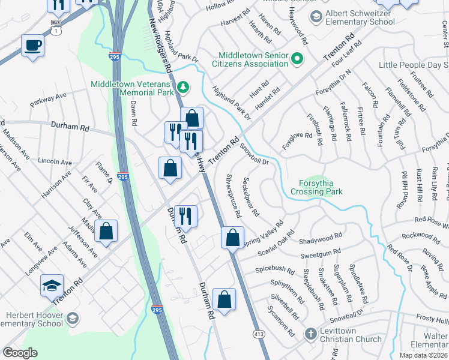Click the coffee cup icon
(x=32, y=45)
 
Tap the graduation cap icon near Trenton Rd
(x=52, y=286)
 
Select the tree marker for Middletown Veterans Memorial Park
(x=182, y=88)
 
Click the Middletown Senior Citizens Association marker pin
(x=297, y=59)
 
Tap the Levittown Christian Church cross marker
(x=310, y=333)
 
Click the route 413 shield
(x=259, y=334)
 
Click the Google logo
(x=20, y=352)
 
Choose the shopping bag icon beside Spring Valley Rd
(x=232, y=237)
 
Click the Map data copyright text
(x=423, y=355)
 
